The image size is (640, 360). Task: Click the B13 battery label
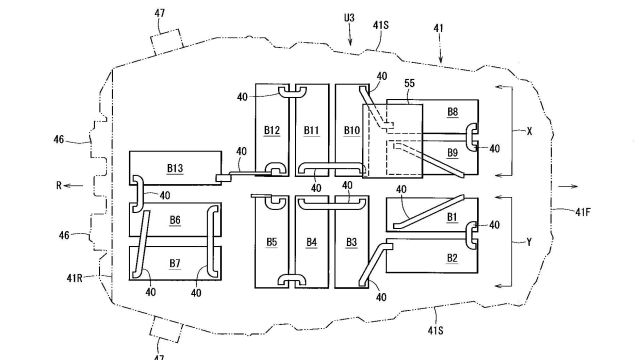[x=175, y=168]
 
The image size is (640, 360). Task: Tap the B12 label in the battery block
[x=272, y=130]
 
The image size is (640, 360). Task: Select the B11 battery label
[x=311, y=130]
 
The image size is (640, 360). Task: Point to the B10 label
[x=352, y=130]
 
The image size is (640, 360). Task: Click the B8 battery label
[x=453, y=112]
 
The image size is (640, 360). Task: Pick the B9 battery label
[x=453, y=153]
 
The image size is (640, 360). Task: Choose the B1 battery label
[x=452, y=217]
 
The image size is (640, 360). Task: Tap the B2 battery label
[x=452, y=258]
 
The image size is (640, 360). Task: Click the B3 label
[x=351, y=242]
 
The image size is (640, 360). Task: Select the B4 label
[x=311, y=242]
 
